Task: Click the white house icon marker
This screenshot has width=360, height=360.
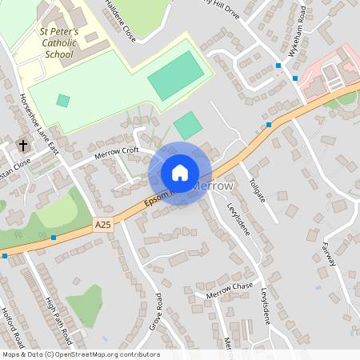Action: tap(180, 173)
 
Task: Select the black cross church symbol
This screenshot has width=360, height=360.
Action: tap(22, 146)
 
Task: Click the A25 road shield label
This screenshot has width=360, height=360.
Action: tap(102, 226)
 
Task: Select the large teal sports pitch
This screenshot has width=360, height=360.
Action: tap(170, 75)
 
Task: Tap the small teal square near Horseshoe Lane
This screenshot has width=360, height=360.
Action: tap(63, 101)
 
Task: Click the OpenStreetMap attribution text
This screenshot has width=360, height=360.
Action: tap(80, 354)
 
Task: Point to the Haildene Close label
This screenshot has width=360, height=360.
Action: tap(120, 19)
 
